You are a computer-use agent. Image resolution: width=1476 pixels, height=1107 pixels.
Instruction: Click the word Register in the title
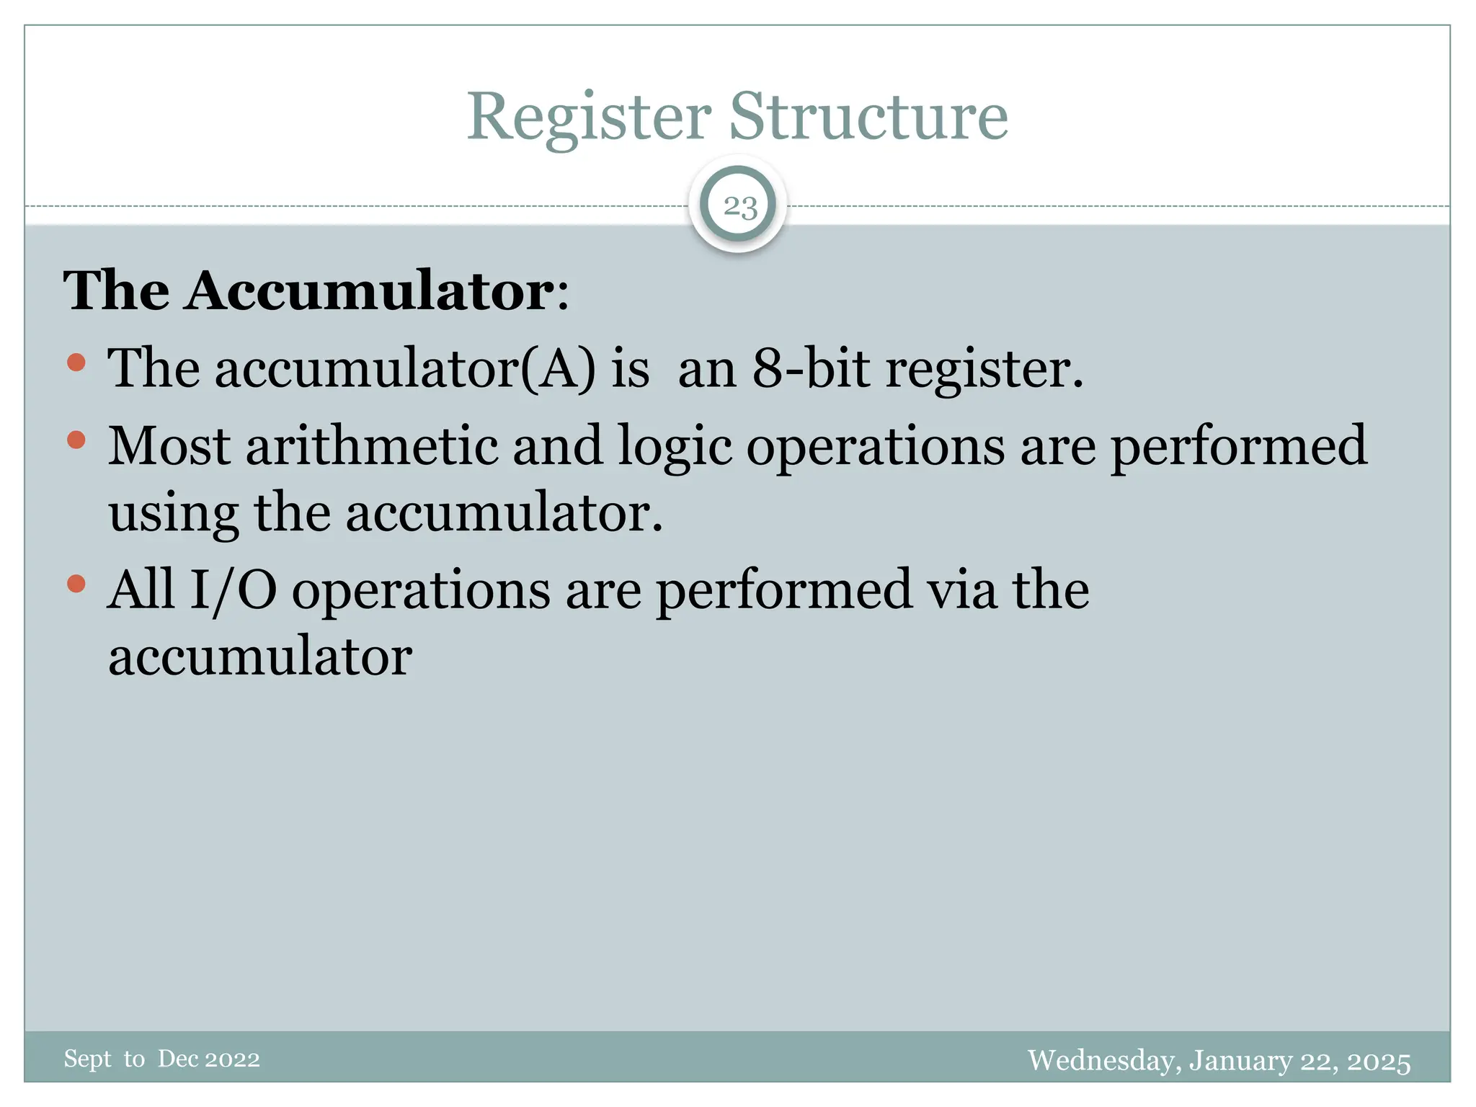[x=589, y=117]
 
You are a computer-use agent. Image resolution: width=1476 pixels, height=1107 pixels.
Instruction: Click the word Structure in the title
[x=868, y=117]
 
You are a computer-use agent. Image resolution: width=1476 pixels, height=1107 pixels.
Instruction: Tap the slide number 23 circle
[x=739, y=207]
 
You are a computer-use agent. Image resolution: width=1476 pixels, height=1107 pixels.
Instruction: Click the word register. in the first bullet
[x=984, y=370]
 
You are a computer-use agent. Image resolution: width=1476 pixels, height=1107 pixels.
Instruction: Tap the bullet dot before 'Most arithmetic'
[x=76, y=440]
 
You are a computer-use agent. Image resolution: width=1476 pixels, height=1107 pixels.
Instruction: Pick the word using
[x=173, y=515]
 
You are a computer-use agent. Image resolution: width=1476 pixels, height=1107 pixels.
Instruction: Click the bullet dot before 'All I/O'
[x=76, y=583]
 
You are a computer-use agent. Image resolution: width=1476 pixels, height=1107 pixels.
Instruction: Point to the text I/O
[x=233, y=590]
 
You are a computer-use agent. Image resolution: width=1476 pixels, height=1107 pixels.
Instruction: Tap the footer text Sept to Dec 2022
[x=161, y=1059]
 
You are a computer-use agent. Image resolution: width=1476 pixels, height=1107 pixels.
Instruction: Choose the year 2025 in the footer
[x=1379, y=1061]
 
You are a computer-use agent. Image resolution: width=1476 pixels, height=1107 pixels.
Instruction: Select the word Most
[x=169, y=445]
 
